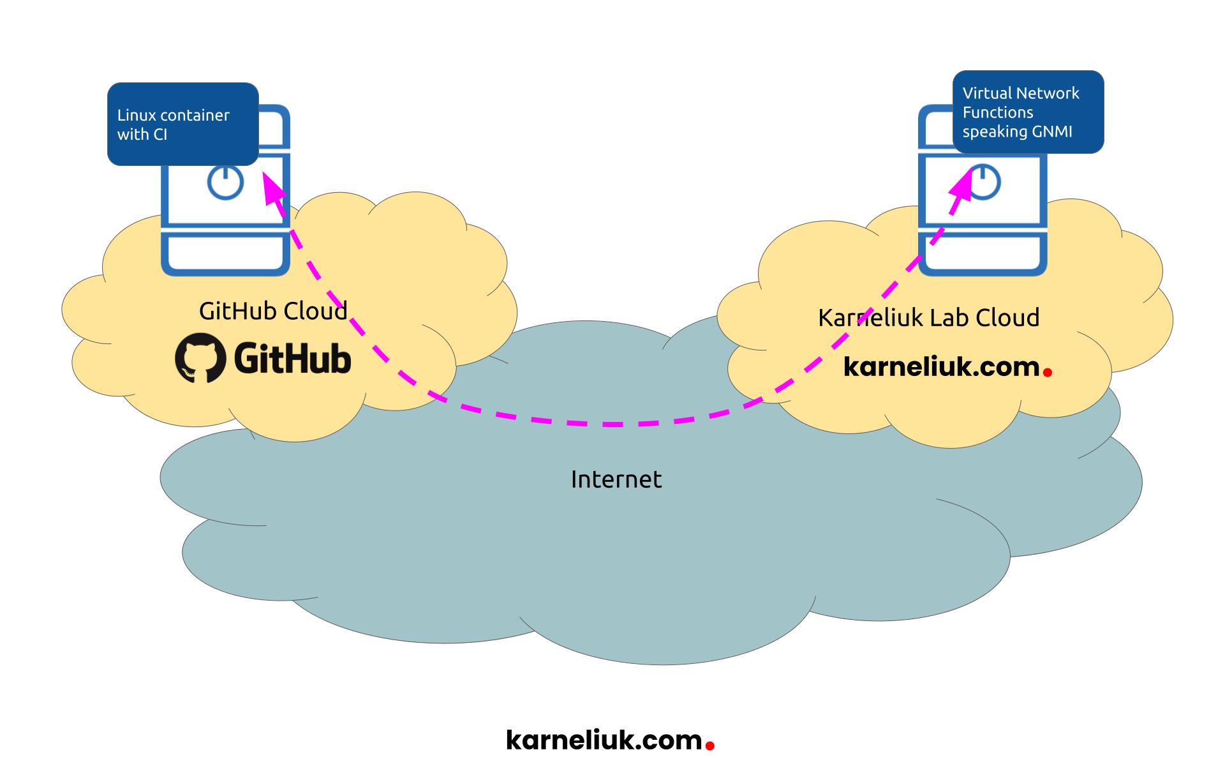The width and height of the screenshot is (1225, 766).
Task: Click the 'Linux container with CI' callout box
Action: click(x=182, y=124)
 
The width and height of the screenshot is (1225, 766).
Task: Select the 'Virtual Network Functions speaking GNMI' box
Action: click(x=1027, y=112)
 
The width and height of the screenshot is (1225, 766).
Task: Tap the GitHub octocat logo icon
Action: click(x=200, y=358)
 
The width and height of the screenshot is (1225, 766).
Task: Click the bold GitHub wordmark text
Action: click(x=293, y=358)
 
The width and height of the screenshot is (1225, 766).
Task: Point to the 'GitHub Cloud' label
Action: click(x=273, y=311)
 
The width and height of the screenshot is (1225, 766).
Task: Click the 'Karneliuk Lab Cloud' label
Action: click(x=928, y=317)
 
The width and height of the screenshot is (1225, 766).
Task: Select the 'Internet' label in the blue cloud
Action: click(x=616, y=479)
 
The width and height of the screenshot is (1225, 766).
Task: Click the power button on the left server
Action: click(x=225, y=182)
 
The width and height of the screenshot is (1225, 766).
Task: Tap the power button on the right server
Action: click(x=983, y=182)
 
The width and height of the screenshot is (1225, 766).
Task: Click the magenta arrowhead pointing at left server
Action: click(x=272, y=191)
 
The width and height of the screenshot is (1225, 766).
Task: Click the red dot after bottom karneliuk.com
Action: click(x=709, y=744)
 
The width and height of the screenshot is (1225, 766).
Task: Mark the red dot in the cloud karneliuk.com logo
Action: click(x=1047, y=371)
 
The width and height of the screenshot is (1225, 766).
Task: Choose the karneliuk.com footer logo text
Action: click(x=604, y=740)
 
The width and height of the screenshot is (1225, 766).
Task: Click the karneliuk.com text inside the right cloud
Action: click(x=941, y=366)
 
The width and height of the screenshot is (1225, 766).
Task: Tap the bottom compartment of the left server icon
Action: click(x=225, y=254)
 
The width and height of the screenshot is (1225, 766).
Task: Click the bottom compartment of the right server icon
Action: click(x=983, y=254)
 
